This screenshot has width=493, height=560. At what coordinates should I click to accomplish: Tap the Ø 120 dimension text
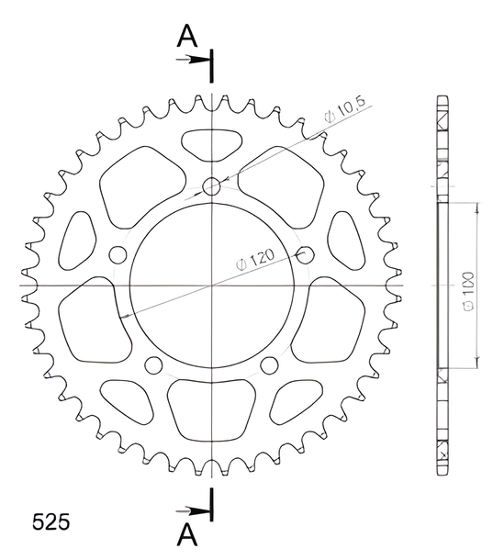click(x=255, y=260)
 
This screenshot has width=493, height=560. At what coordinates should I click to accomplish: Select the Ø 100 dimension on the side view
click(x=468, y=291)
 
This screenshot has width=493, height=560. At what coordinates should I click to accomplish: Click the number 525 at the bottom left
click(x=50, y=522)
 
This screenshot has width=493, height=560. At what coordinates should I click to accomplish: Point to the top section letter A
click(x=187, y=36)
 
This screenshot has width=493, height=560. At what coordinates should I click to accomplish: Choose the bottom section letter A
click(x=187, y=534)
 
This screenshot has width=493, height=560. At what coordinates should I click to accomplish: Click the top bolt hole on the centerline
click(x=211, y=186)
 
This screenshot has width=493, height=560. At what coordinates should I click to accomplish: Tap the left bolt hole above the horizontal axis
click(x=118, y=255)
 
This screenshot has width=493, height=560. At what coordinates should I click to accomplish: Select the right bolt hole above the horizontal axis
click(x=305, y=255)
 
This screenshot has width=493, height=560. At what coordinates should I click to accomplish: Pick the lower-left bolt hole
click(x=153, y=365)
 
